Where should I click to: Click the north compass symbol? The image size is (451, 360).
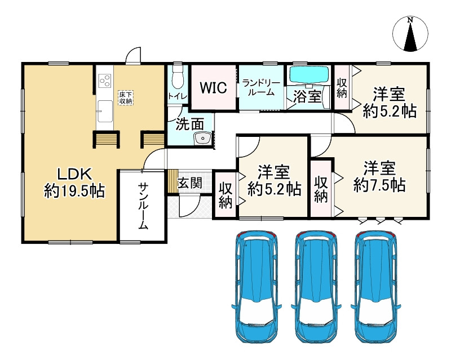(x=410, y=33)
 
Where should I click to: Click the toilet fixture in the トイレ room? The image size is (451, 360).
(x=178, y=78)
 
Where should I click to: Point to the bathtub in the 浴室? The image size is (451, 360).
(x=308, y=75)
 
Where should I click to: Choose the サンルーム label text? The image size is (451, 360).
(x=143, y=206)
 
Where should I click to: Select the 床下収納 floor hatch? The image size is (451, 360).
(x=125, y=97)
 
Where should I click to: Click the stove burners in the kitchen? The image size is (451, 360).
(x=104, y=81)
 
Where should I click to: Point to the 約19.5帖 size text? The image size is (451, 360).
(x=74, y=191)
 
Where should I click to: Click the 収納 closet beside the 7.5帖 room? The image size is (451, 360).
(x=321, y=189)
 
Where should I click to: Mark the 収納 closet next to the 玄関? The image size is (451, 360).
(x=225, y=195)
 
